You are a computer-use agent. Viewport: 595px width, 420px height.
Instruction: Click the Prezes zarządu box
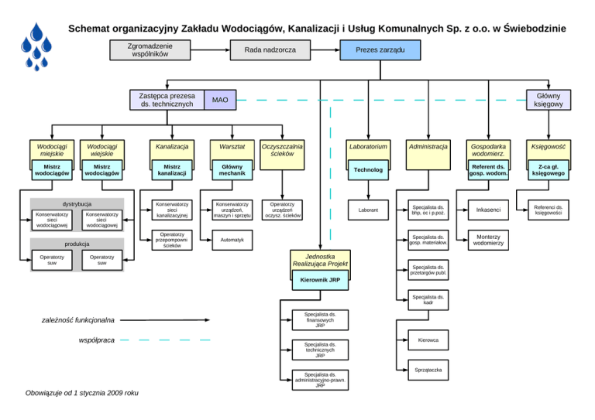coord(380,50)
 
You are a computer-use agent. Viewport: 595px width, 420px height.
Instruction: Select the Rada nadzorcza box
coord(270,50)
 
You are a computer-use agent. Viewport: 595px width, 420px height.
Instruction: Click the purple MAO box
coord(220,100)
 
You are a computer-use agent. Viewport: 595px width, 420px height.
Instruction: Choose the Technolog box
coord(368,169)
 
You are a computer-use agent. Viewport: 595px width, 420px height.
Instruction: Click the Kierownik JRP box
coord(320,279)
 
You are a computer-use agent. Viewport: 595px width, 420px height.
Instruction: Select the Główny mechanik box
coord(232,169)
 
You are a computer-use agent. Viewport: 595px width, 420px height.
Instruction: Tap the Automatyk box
coord(232,241)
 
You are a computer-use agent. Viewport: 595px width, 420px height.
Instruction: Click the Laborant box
coord(368,210)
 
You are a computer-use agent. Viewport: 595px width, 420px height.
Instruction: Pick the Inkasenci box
coord(489,210)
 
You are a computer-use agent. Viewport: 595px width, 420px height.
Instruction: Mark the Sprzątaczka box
coord(428,370)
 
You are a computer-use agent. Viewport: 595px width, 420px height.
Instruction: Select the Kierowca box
coord(428,340)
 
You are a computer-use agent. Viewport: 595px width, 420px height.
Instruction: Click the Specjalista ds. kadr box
coord(428,300)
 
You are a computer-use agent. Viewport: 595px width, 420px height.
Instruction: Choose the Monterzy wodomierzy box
coord(489,241)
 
